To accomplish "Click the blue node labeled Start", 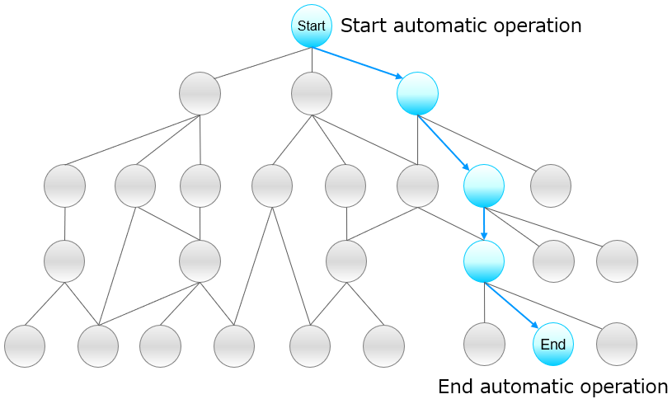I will pos(312,26).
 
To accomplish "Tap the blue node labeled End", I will pos(552,345).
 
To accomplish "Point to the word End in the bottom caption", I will pos(456,386).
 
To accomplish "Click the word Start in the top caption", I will pos(365,26).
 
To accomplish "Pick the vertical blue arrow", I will pos(484,223).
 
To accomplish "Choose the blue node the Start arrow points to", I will pos(417,93).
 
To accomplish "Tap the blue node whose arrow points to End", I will pos(484,261).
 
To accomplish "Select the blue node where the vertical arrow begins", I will pos(484,185).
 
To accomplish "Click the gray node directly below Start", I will pos(312,93).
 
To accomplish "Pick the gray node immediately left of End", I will pos(484,345).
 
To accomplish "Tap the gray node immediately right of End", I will pos(617,345).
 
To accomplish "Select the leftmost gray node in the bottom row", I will pos(25,345).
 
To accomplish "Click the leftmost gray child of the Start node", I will pos(200,93).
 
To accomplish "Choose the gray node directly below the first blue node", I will pos(417,185).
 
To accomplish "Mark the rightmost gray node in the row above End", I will pos(617,261).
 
